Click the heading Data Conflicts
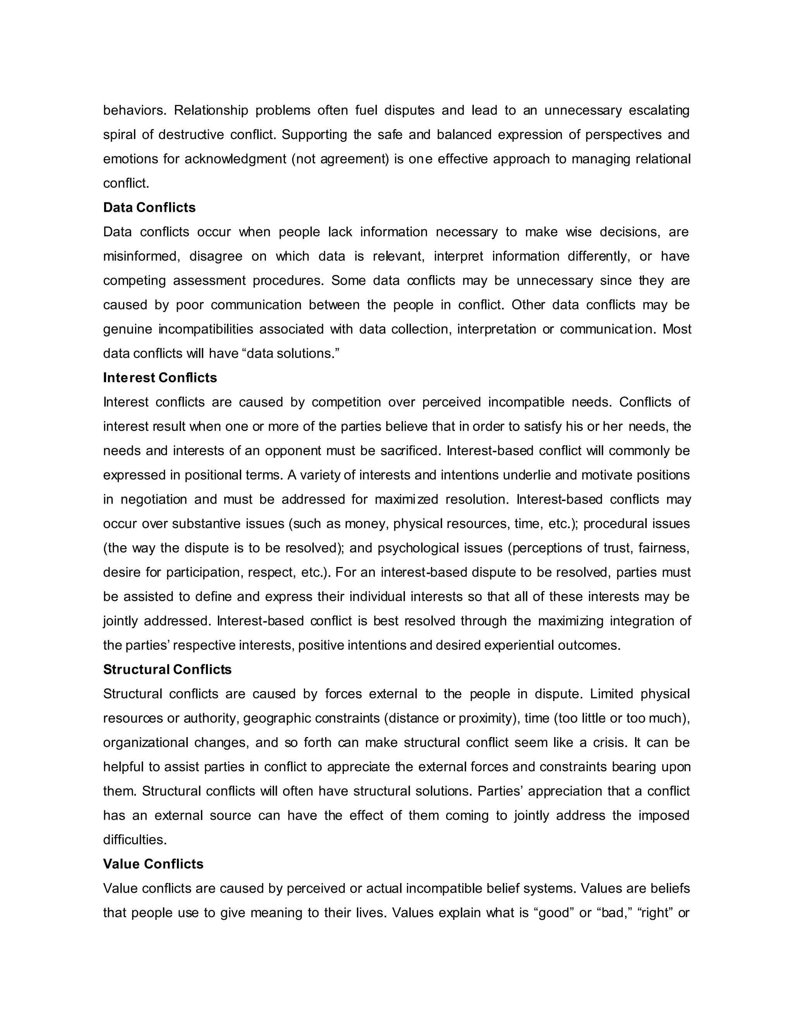(149, 208)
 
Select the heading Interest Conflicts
(160, 378)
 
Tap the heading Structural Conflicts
(167, 669)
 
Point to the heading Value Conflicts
(153, 864)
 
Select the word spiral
(118, 135)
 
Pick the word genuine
(127, 329)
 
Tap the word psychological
(417, 548)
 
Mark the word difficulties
(135, 840)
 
